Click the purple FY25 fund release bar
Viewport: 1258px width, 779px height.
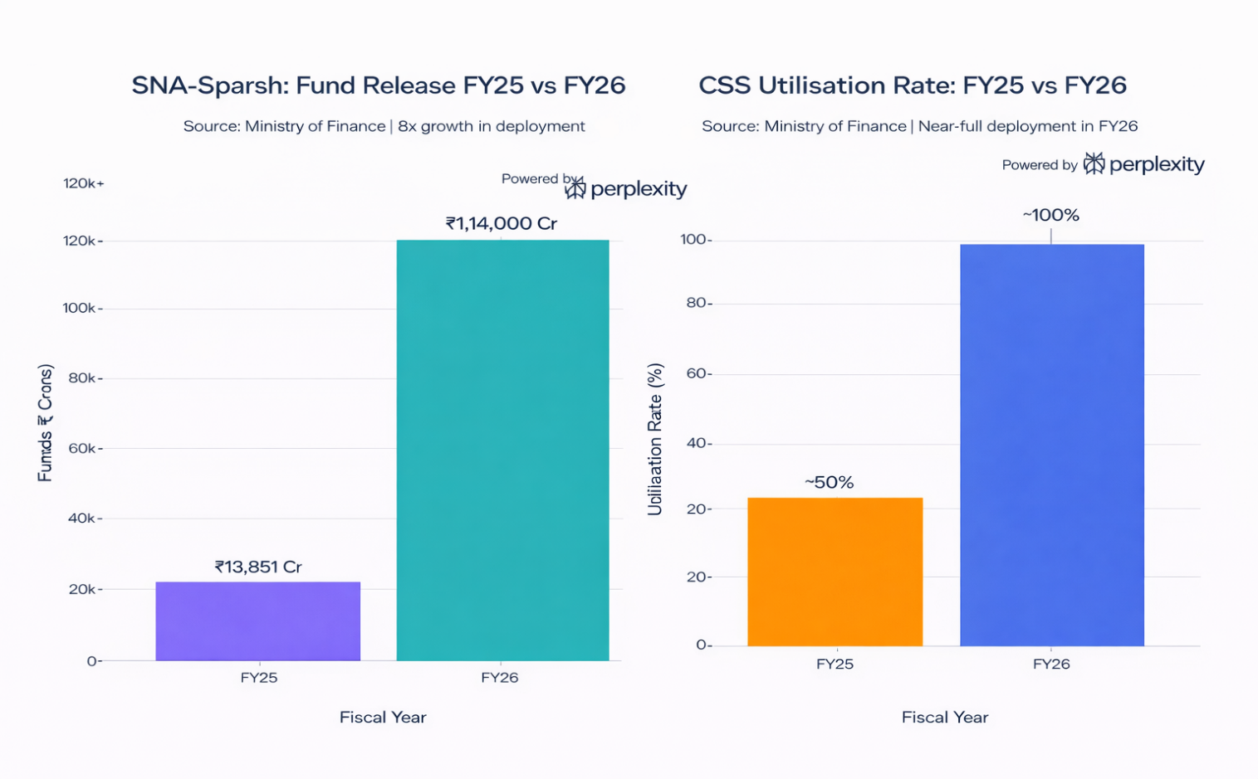(x=257, y=621)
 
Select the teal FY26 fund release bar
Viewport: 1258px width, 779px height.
(x=502, y=450)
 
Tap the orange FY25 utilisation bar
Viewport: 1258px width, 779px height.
(x=835, y=572)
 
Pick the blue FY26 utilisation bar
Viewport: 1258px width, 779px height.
(x=1051, y=445)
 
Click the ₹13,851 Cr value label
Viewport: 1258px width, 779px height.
(x=258, y=567)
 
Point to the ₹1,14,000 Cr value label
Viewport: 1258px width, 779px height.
(x=501, y=223)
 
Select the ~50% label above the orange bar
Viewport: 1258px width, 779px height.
(x=829, y=483)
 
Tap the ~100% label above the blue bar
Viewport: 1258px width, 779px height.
(x=1050, y=216)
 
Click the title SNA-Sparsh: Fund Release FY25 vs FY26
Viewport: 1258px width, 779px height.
(x=379, y=85)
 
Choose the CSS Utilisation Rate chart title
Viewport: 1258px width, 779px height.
(x=912, y=85)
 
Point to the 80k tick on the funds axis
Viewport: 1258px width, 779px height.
(x=83, y=378)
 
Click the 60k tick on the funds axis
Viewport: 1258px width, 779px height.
(x=83, y=449)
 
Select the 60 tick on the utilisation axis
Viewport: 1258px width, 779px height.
(x=698, y=373)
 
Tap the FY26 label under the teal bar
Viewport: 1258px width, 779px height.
(x=499, y=678)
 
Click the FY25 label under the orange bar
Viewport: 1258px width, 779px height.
(x=835, y=665)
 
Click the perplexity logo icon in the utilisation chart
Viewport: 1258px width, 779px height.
(x=1094, y=163)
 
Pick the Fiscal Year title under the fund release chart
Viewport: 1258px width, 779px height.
(x=383, y=718)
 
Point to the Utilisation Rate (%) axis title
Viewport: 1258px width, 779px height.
(x=655, y=439)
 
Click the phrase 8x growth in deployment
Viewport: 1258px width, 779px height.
(x=492, y=126)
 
